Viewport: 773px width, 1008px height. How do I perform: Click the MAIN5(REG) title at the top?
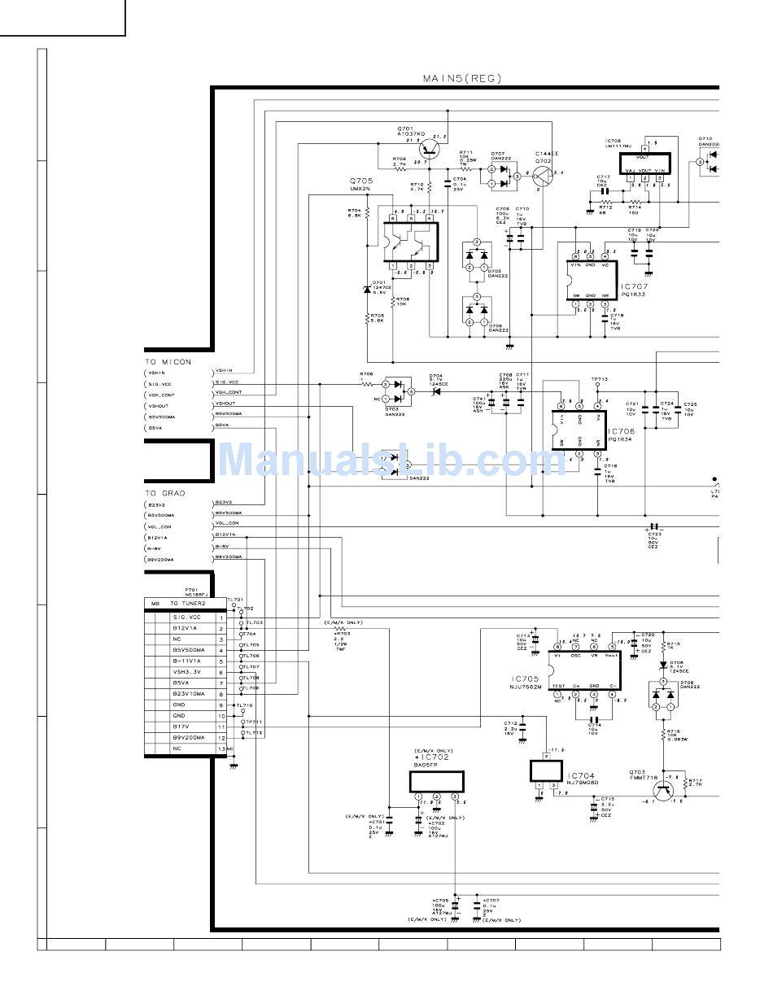pos(461,79)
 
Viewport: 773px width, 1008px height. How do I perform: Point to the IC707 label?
pos(634,286)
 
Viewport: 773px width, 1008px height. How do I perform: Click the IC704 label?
pos(582,776)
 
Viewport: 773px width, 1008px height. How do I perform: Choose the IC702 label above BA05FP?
pos(432,757)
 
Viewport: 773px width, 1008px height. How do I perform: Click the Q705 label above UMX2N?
pos(361,181)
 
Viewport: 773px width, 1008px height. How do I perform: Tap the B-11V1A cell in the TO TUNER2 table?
pos(186,661)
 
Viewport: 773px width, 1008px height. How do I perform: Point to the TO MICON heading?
pos(168,361)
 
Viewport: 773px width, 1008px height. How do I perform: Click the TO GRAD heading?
pos(165,493)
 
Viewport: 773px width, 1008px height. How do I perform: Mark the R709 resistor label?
pos(399,159)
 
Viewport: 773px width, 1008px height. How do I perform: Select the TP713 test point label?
pos(600,379)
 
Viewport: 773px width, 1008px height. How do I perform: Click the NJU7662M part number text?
pos(527,687)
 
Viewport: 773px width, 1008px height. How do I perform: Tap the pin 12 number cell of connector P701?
pos(221,737)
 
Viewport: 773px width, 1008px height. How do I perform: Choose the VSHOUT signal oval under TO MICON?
pos(157,405)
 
